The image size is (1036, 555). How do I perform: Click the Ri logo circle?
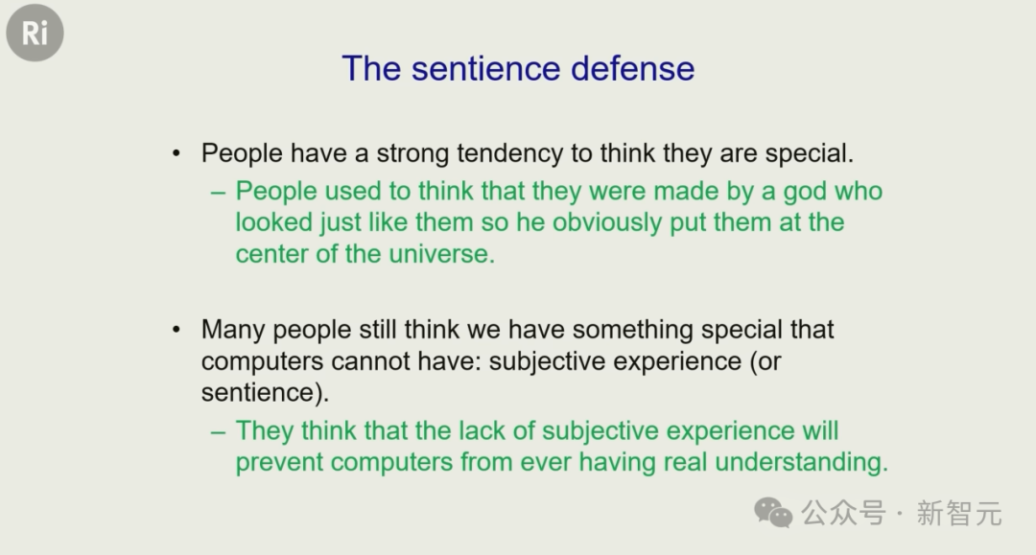pos(35,33)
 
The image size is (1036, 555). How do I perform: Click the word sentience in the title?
pos(486,69)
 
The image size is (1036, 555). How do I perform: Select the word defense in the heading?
pos(633,69)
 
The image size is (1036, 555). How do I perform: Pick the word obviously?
pos(607,223)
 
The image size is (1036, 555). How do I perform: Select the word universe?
pos(441,254)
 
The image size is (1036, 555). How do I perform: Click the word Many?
pos(233,330)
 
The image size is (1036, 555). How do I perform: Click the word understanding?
pos(801,462)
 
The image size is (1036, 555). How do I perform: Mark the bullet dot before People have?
pos(176,153)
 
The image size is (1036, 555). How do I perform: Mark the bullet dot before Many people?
pos(176,330)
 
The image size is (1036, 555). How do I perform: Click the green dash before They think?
pos(218,432)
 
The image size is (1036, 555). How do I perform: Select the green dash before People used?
pos(218,193)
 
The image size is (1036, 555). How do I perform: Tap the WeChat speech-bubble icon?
pos(774,513)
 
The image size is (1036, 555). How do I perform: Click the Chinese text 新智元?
pos(959,514)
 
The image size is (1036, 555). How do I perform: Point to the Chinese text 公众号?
pos(844,513)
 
